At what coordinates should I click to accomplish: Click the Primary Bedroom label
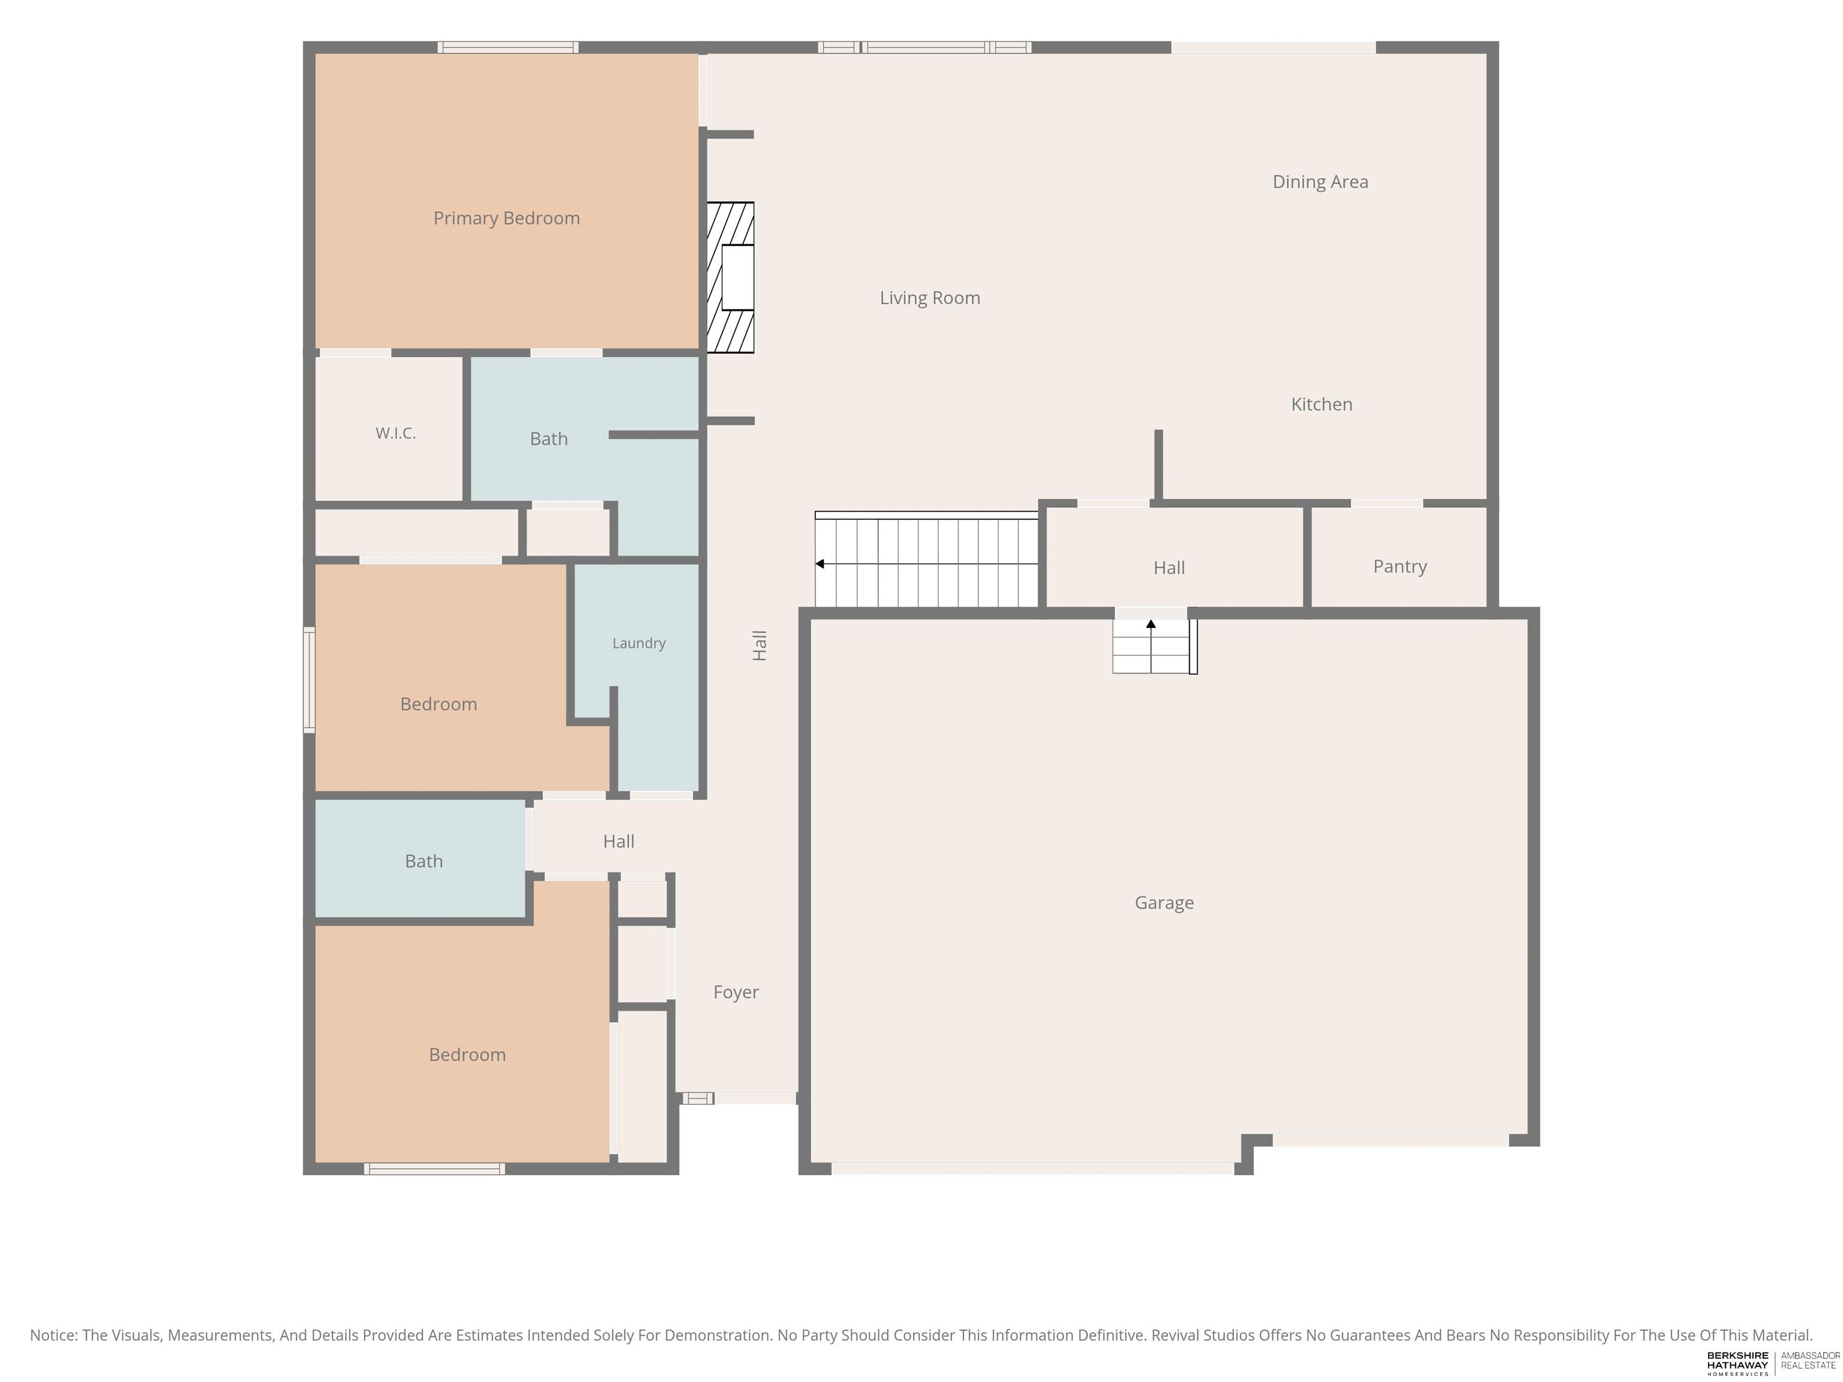tap(506, 218)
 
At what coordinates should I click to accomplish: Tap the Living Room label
tap(930, 298)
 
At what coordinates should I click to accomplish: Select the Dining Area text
tap(1320, 182)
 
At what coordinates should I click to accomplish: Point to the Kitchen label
tap(1322, 404)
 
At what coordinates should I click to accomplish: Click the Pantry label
tap(1400, 566)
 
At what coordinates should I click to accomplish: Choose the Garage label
tap(1164, 903)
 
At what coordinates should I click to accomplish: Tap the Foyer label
tap(736, 992)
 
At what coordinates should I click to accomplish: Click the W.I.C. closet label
tap(396, 433)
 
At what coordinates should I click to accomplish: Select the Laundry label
tap(639, 643)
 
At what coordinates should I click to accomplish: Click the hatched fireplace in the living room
tap(730, 277)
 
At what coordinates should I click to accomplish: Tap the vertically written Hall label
tap(759, 645)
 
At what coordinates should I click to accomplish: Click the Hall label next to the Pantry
tap(1169, 568)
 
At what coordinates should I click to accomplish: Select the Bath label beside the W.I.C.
tap(549, 439)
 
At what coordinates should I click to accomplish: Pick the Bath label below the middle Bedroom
tap(424, 861)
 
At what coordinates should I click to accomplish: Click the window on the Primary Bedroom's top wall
tap(508, 47)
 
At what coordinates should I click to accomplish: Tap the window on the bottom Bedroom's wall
tap(434, 1168)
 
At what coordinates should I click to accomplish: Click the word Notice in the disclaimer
tap(53, 1335)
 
